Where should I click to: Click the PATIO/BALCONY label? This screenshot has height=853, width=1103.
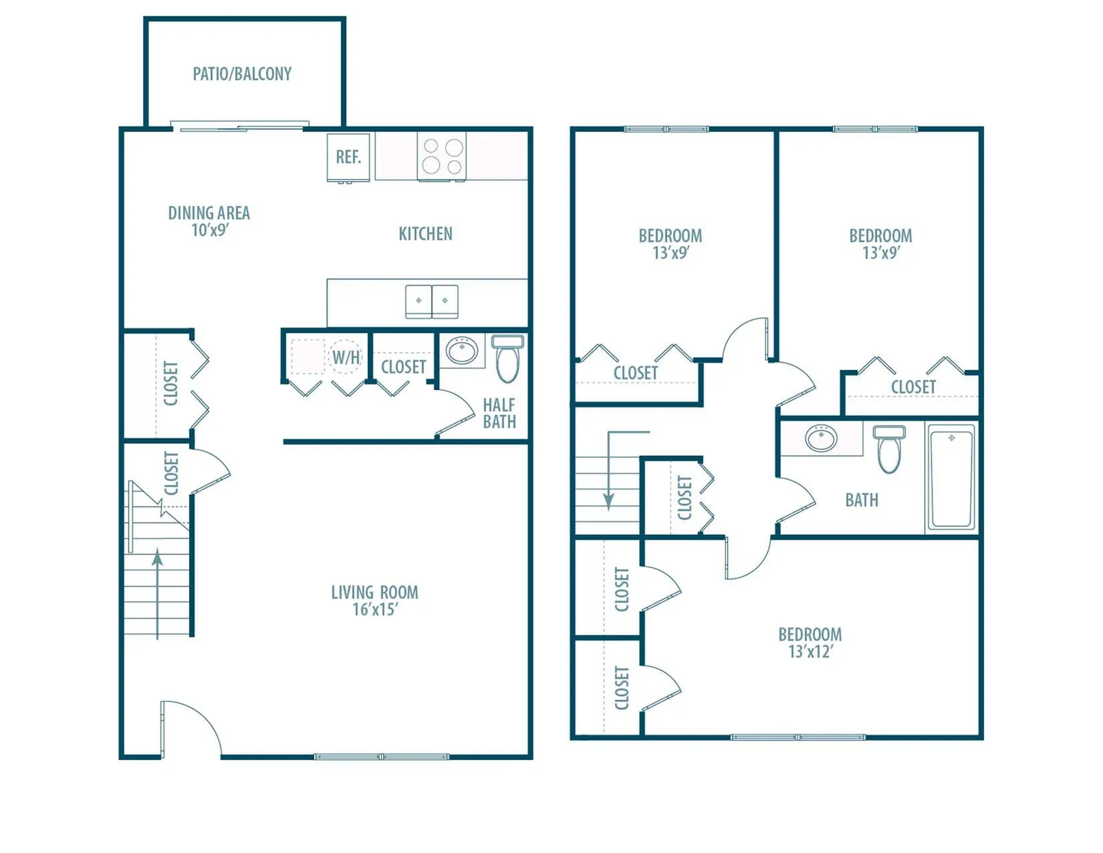tap(242, 74)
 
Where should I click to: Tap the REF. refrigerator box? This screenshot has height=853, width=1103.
tap(348, 157)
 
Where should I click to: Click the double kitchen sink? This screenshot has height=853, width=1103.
tap(432, 301)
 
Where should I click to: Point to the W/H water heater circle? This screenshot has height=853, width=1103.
tap(346, 357)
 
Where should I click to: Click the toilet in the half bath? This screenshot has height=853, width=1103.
tap(507, 358)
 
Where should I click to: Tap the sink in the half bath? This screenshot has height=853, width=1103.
tap(462, 350)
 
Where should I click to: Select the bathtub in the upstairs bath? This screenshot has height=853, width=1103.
tap(951, 477)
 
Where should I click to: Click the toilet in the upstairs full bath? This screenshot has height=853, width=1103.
tap(889, 449)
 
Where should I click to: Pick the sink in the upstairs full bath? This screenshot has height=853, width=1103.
tap(822, 438)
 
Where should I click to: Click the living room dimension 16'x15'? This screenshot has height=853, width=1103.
tap(375, 609)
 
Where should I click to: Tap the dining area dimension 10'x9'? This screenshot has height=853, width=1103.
tap(210, 230)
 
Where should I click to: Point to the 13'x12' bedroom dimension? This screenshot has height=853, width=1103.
tap(811, 652)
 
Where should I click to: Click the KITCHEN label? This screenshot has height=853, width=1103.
tap(425, 234)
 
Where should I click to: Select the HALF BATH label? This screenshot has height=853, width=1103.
tap(499, 413)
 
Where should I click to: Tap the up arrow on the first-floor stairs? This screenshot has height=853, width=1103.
tap(157, 594)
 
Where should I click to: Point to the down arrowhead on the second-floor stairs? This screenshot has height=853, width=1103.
tap(608, 502)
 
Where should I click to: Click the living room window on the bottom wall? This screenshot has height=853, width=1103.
tap(382, 757)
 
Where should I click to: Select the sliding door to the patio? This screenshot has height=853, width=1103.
tap(239, 126)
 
